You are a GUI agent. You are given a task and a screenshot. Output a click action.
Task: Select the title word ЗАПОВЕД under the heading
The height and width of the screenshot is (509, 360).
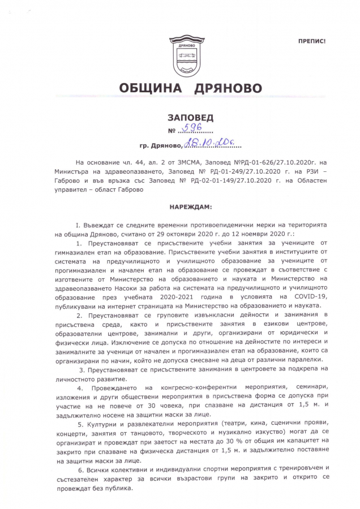tap(190, 118)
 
